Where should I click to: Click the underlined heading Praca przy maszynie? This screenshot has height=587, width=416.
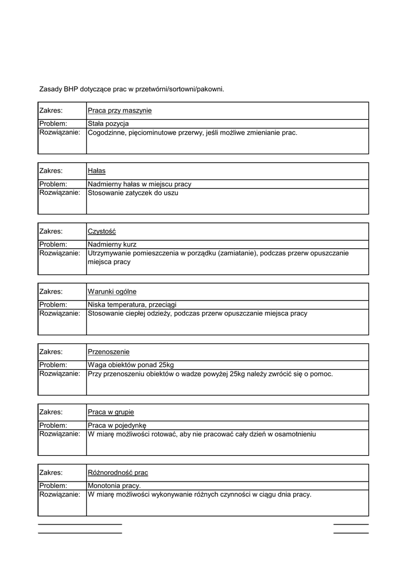119,111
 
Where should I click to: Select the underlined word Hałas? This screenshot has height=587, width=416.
96,171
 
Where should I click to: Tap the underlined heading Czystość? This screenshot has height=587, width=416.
102,232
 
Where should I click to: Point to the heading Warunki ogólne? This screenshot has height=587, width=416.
112,292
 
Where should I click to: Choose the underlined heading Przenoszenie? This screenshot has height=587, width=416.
108,352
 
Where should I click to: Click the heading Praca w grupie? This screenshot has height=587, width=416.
111,412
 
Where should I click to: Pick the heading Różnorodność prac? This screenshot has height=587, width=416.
118,473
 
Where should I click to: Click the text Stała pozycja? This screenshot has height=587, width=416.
108,124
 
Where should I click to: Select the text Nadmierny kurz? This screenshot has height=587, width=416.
112,244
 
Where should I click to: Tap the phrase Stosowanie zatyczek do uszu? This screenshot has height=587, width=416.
133,193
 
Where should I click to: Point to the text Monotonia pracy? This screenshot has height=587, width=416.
114,486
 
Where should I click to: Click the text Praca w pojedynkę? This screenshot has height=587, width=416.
117,425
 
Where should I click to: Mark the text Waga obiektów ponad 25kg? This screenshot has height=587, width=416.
131,365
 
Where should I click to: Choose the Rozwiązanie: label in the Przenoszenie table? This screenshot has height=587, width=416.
60,374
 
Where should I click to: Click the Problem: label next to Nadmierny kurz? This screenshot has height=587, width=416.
53,244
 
